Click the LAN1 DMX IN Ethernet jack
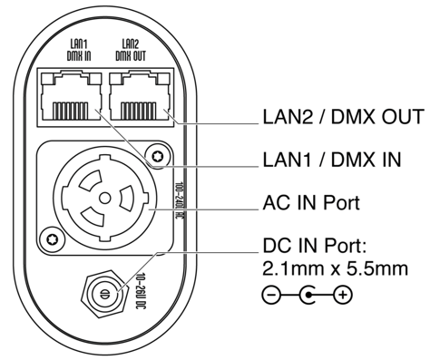point(71,96)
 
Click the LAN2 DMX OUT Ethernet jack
point(140,96)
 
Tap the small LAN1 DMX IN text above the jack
point(79,50)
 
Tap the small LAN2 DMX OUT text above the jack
point(131,50)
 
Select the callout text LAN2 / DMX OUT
point(343,117)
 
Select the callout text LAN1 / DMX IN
point(332,160)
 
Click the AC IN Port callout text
point(311,202)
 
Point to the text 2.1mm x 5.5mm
point(335,268)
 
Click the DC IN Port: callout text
point(315,246)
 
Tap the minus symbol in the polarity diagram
point(271,295)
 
